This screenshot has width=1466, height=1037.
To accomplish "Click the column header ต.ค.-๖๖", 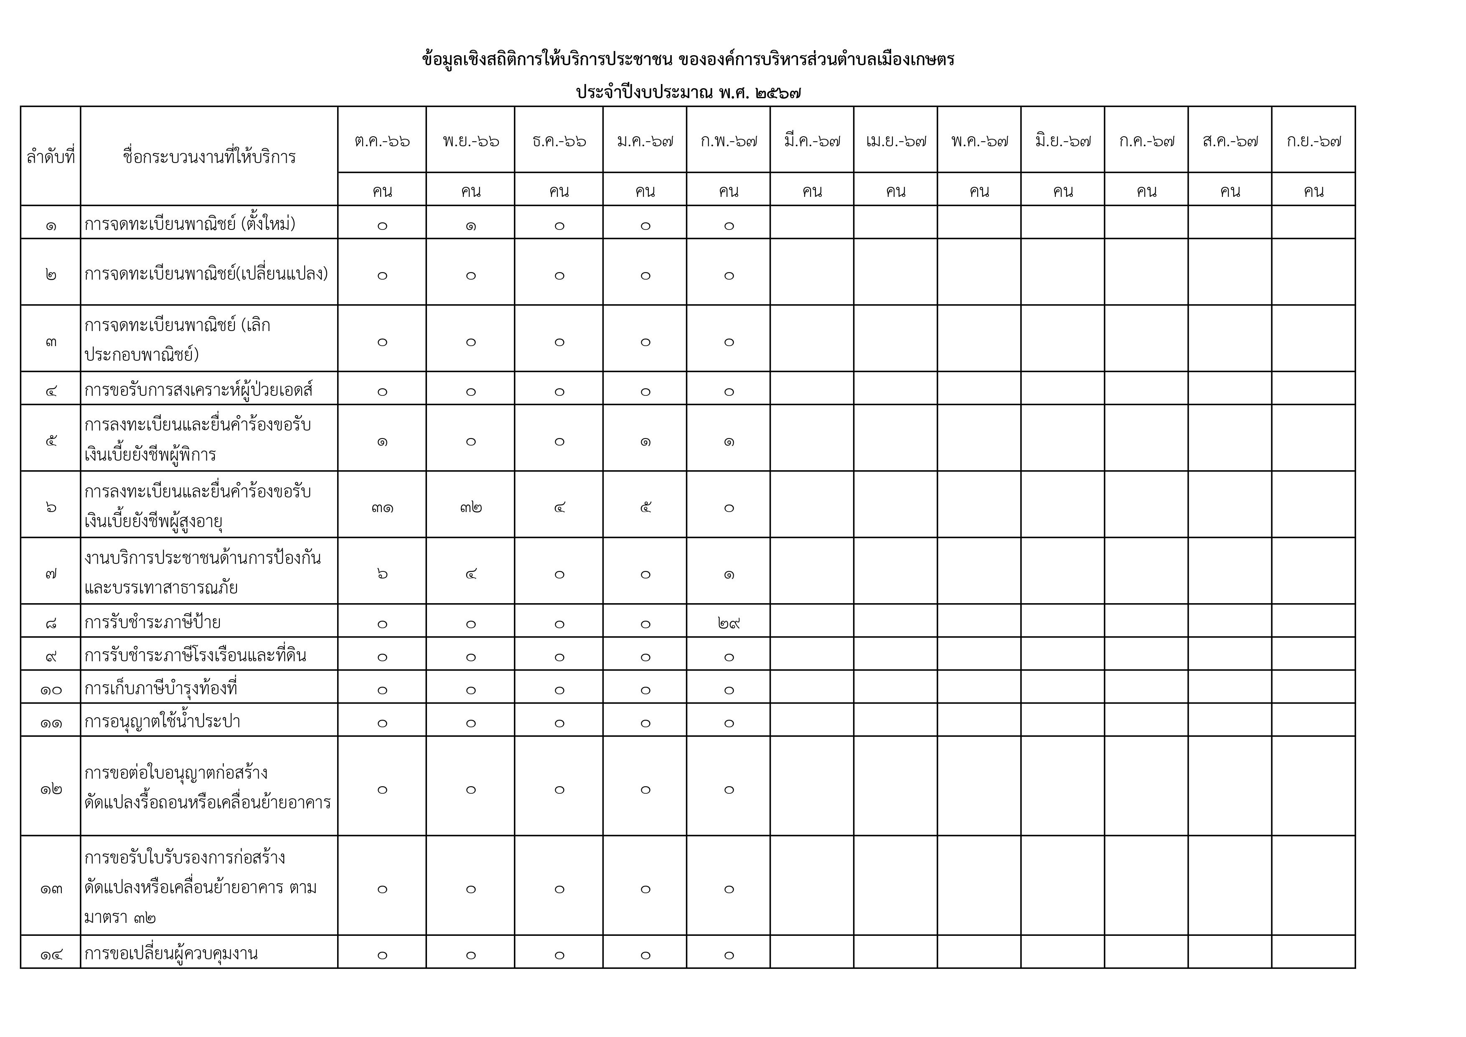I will click(x=382, y=140).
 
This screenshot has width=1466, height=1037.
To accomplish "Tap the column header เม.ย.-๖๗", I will click(x=895, y=140).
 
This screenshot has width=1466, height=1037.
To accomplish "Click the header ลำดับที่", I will click(x=51, y=157).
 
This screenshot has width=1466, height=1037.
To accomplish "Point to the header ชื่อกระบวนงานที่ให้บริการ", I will click(x=209, y=157).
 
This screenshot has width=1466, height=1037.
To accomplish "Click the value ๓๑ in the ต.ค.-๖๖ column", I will click(x=382, y=508).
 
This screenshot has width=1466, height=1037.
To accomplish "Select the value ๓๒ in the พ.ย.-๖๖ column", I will click(x=470, y=508).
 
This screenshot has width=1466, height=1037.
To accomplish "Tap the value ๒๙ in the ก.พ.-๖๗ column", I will click(x=729, y=622).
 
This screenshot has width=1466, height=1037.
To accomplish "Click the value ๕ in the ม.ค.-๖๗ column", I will click(x=645, y=508).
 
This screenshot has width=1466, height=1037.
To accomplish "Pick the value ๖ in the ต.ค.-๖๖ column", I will click(x=382, y=574).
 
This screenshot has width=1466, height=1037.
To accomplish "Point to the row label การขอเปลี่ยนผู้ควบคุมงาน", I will click(x=171, y=953).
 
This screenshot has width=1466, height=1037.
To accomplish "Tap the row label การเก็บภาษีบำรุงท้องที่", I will click(x=161, y=688).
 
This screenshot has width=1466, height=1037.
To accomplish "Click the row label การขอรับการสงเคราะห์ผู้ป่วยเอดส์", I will click(x=198, y=390).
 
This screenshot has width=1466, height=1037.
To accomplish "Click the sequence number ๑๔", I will click(x=51, y=955).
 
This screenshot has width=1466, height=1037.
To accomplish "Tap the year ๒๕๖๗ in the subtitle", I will click(x=777, y=93).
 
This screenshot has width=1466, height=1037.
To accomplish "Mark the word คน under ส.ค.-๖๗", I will click(x=1230, y=191).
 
